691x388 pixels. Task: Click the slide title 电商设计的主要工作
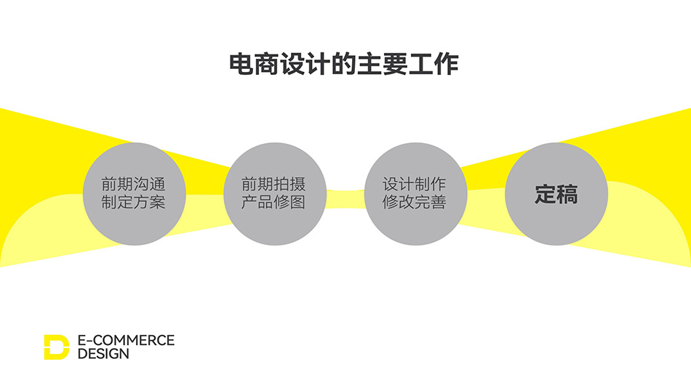pyautogui.click(x=344, y=64)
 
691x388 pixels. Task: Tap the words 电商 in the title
pyautogui.click(x=255, y=64)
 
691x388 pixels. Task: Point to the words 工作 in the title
pyautogui.click(x=434, y=64)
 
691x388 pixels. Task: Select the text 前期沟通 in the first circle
pyautogui.click(x=133, y=184)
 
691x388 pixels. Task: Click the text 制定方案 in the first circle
pyautogui.click(x=133, y=202)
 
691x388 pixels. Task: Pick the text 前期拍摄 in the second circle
pyautogui.click(x=273, y=184)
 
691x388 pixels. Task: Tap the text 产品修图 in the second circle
pyautogui.click(x=273, y=202)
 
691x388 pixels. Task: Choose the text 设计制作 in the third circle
pyautogui.click(x=415, y=184)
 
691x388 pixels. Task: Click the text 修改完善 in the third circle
pyautogui.click(x=415, y=202)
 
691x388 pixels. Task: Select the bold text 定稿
pyautogui.click(x=556, y=194)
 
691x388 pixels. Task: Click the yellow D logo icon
pyautogui.click(x=57, y=347)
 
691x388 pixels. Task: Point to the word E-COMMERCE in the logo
pyautogui.click(x=126, y=341)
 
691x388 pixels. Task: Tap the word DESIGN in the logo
pyautogui.click(x=103, y=354)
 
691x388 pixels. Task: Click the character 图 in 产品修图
pyautogui.click(x=298, y=202)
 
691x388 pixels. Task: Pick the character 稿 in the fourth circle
pyautogui.click(x=567, y=194)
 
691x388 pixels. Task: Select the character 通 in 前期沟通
pyautogui.click(x=158, y=184)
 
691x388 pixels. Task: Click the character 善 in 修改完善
pyautogui.click(x=439, y=202)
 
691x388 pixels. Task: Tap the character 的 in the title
pyautogui.click(x=344, y=64)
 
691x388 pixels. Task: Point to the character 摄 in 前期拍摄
pyautogui.click(x=298, y=184)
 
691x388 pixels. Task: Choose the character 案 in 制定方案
pyautogui.click(x=158, y=202)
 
